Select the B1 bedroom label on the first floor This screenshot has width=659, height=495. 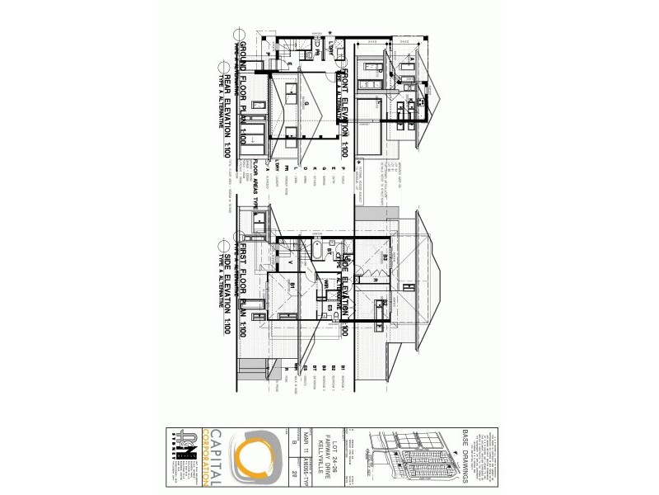[292, 285]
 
